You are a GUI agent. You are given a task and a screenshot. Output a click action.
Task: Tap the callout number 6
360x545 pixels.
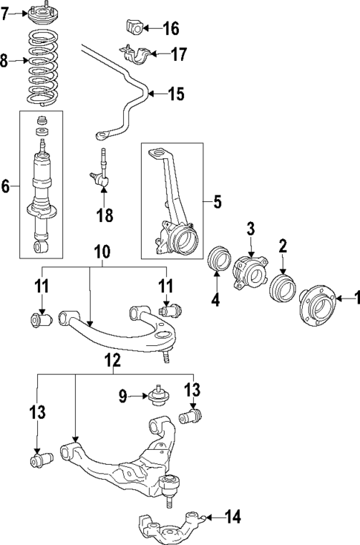(6, 185)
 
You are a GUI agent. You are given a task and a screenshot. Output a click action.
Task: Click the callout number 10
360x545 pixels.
(102, 252)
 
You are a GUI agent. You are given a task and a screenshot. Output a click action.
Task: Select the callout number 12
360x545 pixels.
(112, 361)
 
